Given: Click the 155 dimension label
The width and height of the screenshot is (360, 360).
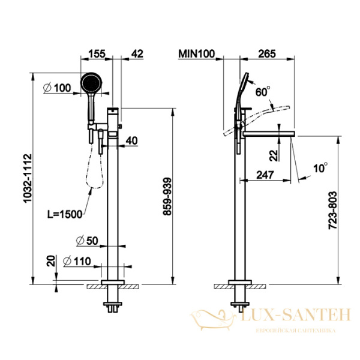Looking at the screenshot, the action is click(x=97, y=54).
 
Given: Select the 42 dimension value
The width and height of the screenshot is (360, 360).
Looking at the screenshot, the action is click(x=137, y=54).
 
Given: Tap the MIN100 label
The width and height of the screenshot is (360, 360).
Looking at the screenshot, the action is click(x=197, y=54).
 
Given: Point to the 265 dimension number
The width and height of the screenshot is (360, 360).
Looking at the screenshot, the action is click(x=267, y=54).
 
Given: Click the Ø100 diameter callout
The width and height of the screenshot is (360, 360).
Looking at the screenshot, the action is click(x=57, y=88).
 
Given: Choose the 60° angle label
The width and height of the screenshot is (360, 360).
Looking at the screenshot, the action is click(x=263, y=91).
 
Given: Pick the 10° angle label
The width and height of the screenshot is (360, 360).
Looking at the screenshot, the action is click(x=320, y=168).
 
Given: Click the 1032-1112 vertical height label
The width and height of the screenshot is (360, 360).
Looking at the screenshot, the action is click(x=28, y=178).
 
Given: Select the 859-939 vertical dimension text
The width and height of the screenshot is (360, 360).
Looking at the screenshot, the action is click(x=167, y=196).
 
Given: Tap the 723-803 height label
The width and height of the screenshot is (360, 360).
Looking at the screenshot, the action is click(x=332, y=211).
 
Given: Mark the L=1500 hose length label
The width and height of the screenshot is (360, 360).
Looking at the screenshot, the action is click(x=65, y=214).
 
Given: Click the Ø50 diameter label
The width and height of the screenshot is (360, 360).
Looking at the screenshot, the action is click(x=87, y=241).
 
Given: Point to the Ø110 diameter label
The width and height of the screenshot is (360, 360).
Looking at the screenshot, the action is click(x=77, y=261).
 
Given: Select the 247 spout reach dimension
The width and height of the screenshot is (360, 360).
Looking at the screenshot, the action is click(x=265, y=175).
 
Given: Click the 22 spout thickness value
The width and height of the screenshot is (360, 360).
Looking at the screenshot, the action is click(x=274, y=155).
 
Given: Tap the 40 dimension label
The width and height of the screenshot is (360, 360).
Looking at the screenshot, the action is click(x=132, y=141).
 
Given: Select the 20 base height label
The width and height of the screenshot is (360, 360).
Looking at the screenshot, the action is click(x=51, y=260).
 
